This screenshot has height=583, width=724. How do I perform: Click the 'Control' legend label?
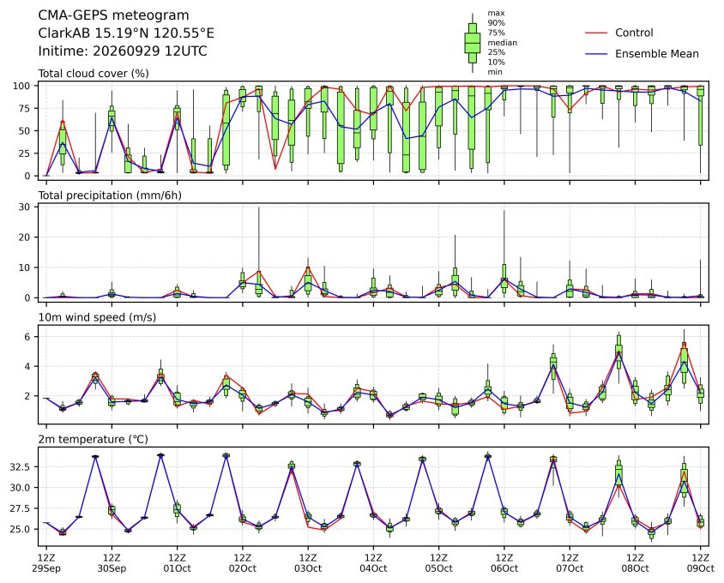click(634, 33)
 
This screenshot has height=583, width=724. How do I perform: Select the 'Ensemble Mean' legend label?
click(656, 54)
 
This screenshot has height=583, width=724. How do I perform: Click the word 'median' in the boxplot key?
click(503, 43)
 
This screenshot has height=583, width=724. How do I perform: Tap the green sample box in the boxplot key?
click(473, 43)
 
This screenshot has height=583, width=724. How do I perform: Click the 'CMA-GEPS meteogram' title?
click(113, 15)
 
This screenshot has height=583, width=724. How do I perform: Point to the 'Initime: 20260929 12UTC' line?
click(123, 51)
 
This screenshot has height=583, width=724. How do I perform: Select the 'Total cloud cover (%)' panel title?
click(94, 74)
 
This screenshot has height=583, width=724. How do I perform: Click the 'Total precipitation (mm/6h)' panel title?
click(110, 195)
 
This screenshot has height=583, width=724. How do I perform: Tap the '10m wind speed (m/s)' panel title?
click(97, 317)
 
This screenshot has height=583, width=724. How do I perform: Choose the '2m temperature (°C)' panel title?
click(93, 439)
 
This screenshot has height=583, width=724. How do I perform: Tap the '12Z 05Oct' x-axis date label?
click(438, 562)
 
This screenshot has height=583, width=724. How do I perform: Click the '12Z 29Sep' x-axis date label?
click(46, 562)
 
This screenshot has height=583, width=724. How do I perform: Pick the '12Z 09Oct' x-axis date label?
click(701, 562)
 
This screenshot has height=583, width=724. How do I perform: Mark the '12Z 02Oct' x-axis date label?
click(243, 562)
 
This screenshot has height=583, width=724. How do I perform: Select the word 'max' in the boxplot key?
click(496, 14)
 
